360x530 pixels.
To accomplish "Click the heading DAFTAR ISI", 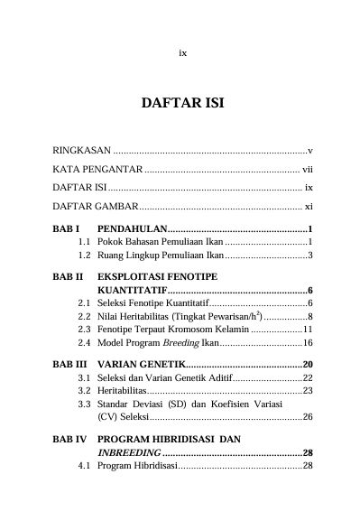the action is pyautogui.click(x=181, y=104).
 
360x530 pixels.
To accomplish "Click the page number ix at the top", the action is pyautogui.click(x=182, y=52).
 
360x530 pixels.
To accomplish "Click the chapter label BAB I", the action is pyautogui.click(x=67, y=229).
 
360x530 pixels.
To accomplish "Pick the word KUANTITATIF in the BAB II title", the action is pyautogui.click(x=132, y=291).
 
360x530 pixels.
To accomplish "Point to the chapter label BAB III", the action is pyautogui.click(x=69, y=364).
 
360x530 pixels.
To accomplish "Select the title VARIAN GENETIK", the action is pyautogui.click(x=140, y=364).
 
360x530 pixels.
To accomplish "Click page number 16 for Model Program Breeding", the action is pyautogui.click(x=308, y=343).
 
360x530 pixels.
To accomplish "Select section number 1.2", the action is pyautogui.click(x=84, y=256).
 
